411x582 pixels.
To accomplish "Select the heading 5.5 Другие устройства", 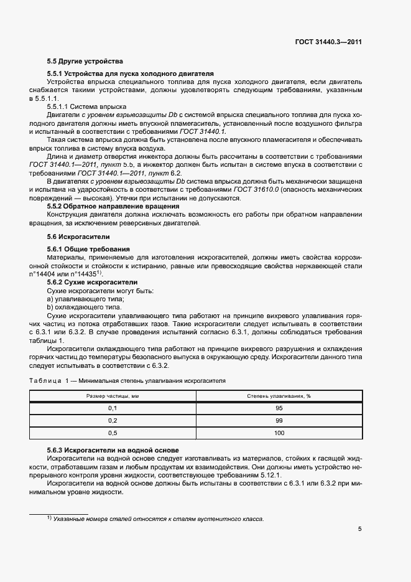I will pos(85,61).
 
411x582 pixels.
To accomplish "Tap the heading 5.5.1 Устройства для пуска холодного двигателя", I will pos(130,73).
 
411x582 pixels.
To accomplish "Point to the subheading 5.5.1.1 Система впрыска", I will pos(86,107).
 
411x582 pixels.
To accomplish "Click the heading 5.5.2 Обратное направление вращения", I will pos(113,206).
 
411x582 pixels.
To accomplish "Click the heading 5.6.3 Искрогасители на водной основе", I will pos(113,449).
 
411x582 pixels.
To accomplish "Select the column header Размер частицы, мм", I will pos(113,396).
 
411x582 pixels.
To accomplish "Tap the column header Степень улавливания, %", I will pos(279,396).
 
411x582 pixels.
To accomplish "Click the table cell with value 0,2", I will pos(113,420).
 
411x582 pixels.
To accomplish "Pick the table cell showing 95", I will pos(279,408).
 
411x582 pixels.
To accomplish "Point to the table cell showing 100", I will pos(279,433).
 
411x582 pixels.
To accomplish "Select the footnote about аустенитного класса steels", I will pos(155,519).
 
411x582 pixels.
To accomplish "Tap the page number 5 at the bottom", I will pos(359,529).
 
